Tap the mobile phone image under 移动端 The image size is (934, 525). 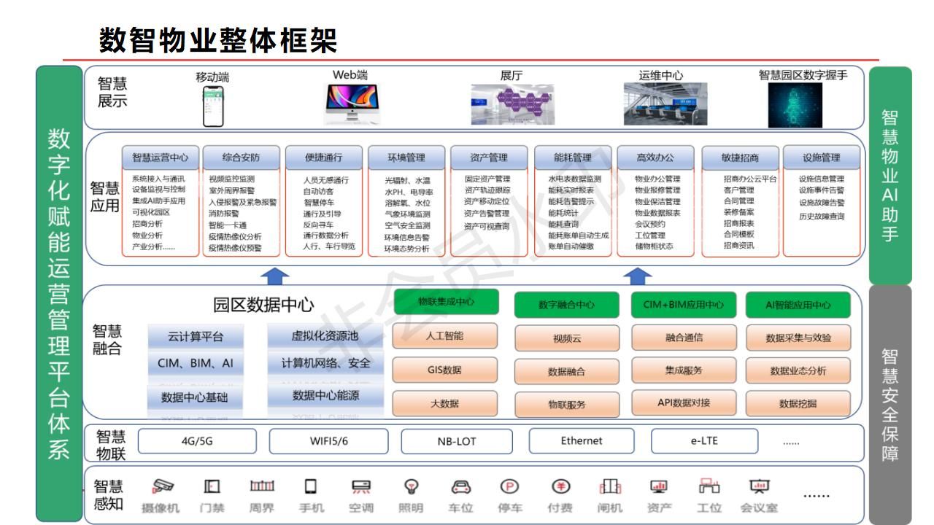click(x=213, y=105)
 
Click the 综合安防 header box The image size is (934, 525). click(x=240, y=157)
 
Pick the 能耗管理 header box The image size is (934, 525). click(x=573, y=157)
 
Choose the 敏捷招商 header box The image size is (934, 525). click(x=740, y=157)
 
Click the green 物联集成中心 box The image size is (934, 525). click(x=446, y=302)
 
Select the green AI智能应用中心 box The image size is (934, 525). click(x=798, y=305)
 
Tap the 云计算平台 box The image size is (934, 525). click(x=195, y=336)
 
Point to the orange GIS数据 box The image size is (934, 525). click(x=445, y=370)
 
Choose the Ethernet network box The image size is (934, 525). click(x=582, y=440)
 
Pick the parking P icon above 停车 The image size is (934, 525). click(x=508, y=486)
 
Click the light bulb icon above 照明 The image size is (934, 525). click(x=412, y=486)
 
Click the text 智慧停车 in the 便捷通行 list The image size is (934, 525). click(x=322, y=202)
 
